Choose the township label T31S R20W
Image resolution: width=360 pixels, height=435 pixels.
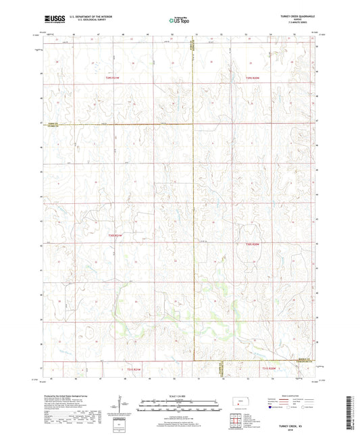pos(270,369)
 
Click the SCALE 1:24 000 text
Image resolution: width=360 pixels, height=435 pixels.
pos(180,395)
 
